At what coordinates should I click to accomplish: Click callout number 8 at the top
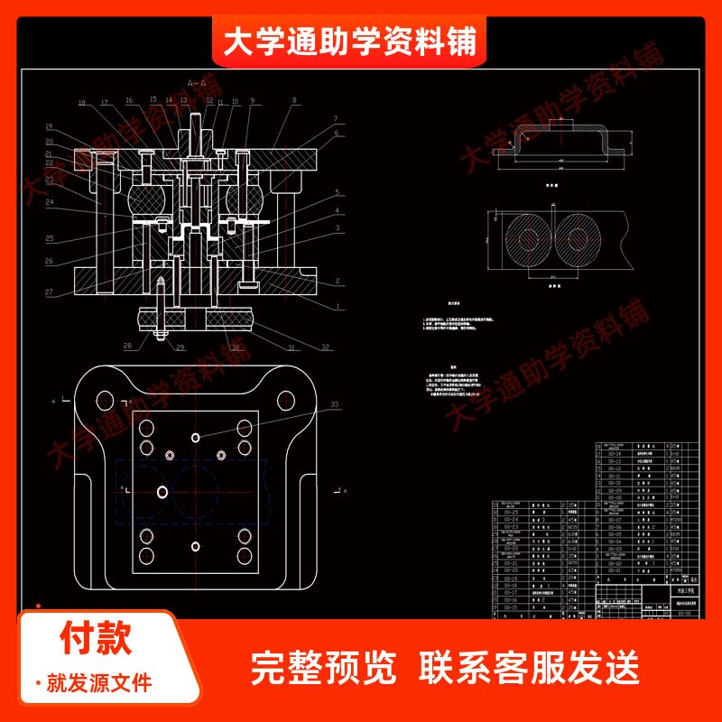293,103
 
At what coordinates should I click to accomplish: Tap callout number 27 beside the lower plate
49,292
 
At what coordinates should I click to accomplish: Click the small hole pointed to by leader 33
196,437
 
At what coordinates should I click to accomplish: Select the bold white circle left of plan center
162,491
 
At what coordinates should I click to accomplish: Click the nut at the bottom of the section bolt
160,338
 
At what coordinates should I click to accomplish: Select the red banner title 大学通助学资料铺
349,42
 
